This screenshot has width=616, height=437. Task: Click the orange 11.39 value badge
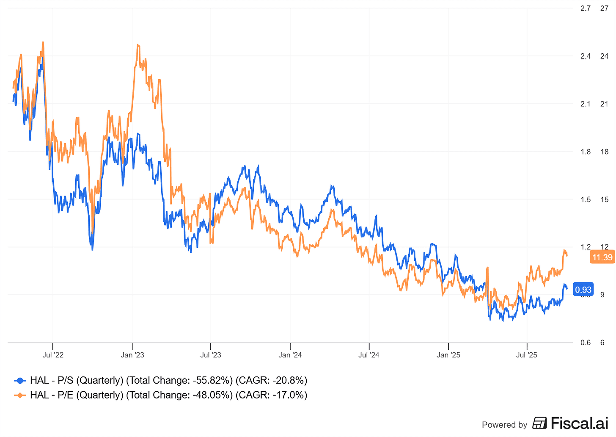(602, 257)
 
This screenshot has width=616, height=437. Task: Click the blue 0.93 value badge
(583, 290)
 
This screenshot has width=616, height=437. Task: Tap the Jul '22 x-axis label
(53, 355)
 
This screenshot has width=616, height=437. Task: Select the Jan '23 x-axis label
(132, 355)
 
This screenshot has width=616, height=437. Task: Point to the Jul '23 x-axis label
(211, 355)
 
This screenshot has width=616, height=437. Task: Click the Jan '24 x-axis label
(290, 355)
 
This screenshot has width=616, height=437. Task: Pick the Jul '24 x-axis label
(369, 355)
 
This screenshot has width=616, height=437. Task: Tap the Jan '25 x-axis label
(448, 355)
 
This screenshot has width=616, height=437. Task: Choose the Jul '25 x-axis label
(527, 355)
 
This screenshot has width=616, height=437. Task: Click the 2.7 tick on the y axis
(586, 8)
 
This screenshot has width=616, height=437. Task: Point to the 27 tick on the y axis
(605, 8)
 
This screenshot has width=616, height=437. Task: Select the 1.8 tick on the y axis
(586, 152)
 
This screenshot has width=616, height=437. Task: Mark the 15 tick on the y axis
(605, 199)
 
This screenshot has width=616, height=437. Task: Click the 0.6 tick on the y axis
(586, 343)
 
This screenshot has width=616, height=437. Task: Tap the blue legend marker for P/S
(19, 380)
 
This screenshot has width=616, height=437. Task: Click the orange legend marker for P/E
(19, 395)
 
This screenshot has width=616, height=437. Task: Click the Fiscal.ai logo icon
(539, 423)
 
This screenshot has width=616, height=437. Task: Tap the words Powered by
(504, 425)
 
